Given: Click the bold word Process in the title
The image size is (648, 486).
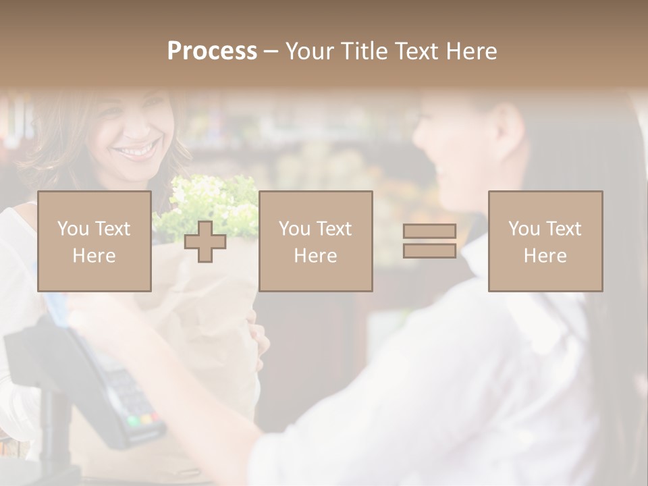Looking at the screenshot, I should click(x=212, y=51).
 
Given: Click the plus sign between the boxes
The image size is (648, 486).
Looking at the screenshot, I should click(x=205, y=242).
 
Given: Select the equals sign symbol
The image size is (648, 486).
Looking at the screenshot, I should click(x=429, y=241).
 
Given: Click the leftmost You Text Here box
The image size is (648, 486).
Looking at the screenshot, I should click(x=94, y=241).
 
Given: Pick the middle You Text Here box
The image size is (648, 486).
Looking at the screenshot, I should click(x=316, y=241).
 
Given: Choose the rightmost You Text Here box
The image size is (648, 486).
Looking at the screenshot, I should click(x=545, y=241).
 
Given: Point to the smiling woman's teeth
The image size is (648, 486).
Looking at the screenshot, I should click(x=137, y=151).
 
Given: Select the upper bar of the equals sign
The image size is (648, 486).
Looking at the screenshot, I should click(x=429, y=231).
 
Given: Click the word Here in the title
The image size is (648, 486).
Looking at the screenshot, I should click(x=472, y=51).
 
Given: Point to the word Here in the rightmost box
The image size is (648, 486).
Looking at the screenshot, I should click(x=545, y=255).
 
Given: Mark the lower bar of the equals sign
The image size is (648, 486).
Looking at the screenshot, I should click(x=429, y=250).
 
